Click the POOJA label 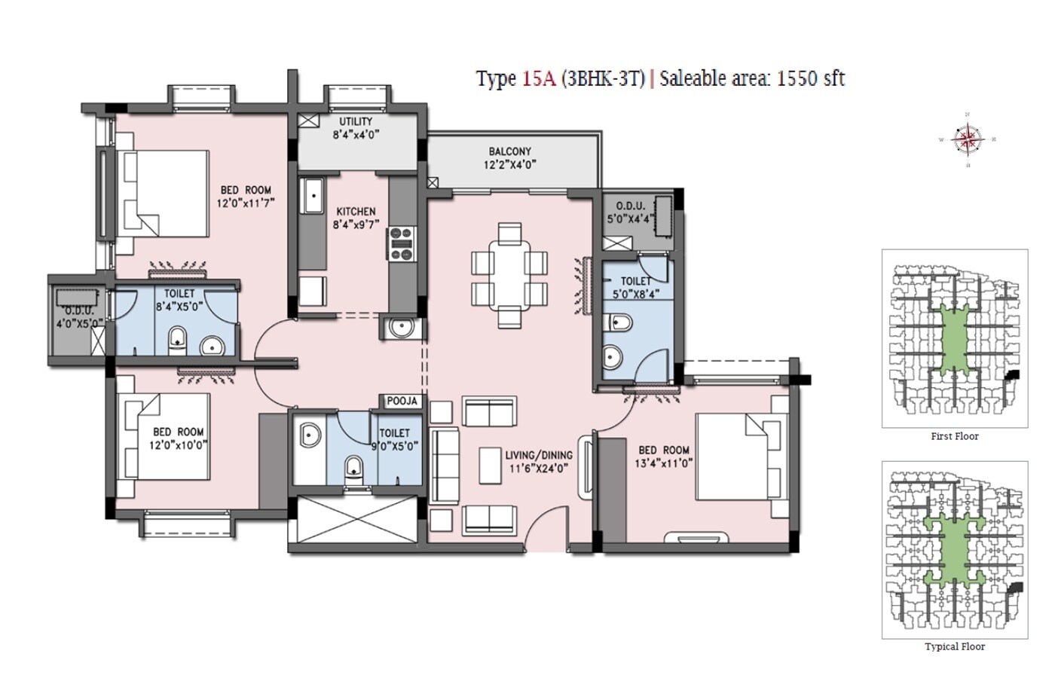[x=402, y=402]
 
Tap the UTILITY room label [x=356, y=121]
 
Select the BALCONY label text [x=509, y=151]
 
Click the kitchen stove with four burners [x=402, y=244]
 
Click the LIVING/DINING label [x=538, y=455]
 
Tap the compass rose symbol [x=968, y=139]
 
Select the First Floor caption [x=955, y=436]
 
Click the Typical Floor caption [x=955, y=646]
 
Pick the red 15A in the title [x=538, y=78]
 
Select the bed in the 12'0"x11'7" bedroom [x=166, y=193]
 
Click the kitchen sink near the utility [x=312, y=198]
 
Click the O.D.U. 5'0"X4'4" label [x=630, y=212]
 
